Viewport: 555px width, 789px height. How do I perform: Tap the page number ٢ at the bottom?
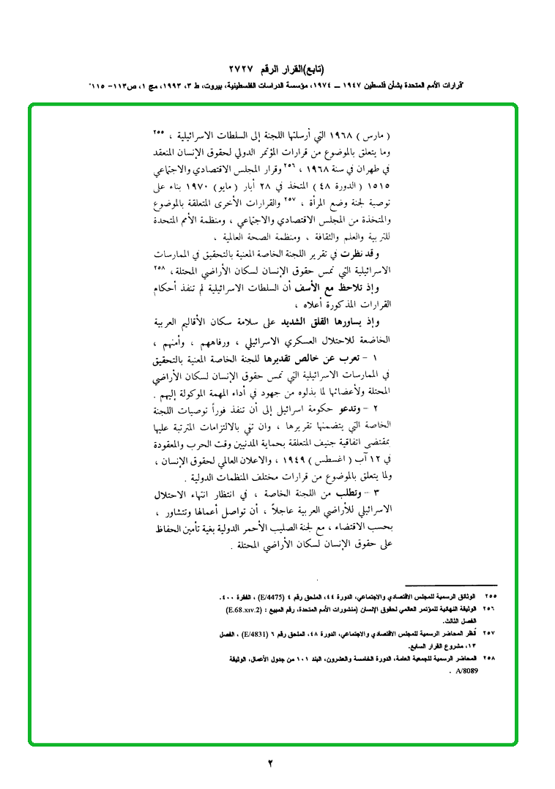[270, 764]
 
